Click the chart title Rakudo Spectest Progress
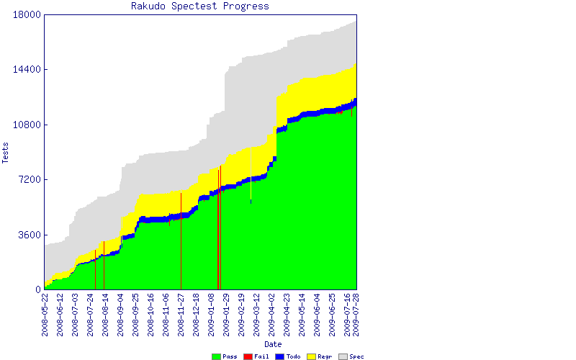[200, 6]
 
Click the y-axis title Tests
[6, 152]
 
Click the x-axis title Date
[273, 344]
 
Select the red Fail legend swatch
[248, 356]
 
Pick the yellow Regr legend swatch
[312, 356]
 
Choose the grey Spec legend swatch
[343, 356]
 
